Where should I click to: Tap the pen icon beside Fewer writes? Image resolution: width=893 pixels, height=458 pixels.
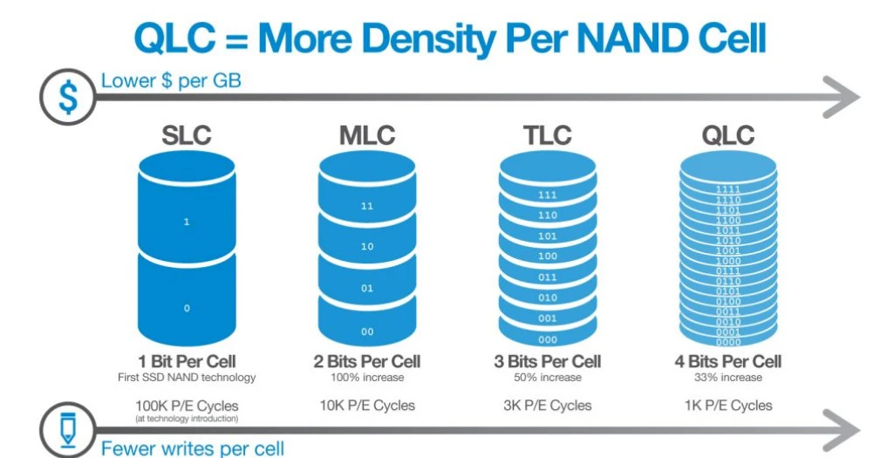pos(67,429)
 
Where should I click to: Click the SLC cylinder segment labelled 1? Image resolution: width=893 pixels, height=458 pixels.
pos(186,221)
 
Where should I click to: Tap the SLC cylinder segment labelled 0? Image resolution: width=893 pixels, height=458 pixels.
pos(186,307)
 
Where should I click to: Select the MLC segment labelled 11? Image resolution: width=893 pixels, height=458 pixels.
pos(366,207)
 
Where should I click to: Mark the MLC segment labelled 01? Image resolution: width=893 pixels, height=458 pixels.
pos(366,287)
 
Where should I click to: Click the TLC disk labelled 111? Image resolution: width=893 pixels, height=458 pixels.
pos(547,195)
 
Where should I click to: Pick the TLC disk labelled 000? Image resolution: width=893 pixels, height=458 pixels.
pos(547,339)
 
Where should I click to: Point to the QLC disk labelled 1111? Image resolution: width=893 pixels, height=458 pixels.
pos(726,188)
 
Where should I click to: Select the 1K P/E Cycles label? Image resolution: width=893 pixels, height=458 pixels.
pos(728,405)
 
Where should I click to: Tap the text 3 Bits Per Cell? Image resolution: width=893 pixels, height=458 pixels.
pos(548,361)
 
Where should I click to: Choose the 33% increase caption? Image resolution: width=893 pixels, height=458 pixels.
pos(728,378)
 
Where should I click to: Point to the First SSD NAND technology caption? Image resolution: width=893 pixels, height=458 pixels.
pos(187,378)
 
